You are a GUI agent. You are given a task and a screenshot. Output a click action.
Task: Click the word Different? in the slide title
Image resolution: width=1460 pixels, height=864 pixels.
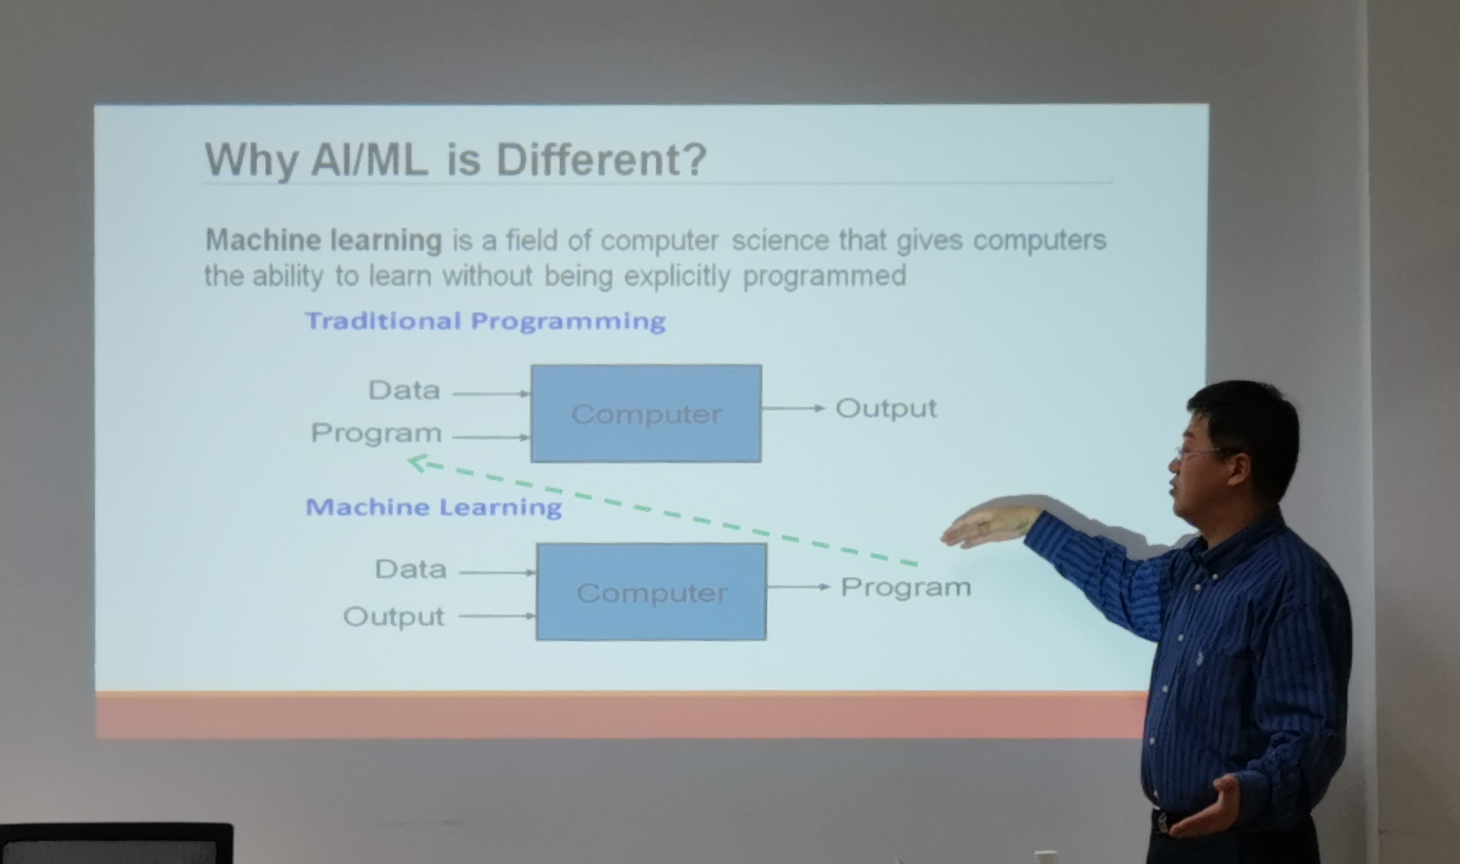tap(601, 160)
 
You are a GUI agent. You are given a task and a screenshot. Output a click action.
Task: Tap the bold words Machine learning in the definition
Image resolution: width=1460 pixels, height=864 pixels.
tap(324, 240)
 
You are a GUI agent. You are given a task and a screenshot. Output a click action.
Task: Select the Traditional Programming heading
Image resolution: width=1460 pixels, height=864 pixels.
tap(486, 322)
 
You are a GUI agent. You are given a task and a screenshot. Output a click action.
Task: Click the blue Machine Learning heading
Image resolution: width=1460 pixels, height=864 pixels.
tap(433, 508)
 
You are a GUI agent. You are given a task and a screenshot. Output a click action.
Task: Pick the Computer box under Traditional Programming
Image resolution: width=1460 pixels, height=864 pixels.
tap(646, 414)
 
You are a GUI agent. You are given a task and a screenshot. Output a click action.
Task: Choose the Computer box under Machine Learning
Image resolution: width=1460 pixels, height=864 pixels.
tap(651, 592)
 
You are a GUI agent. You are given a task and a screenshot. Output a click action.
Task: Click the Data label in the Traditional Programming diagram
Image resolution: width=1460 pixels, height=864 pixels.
tap(404, 390)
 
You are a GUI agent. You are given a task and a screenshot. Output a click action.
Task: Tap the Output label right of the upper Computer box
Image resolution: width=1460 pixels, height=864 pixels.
tap(886, 409)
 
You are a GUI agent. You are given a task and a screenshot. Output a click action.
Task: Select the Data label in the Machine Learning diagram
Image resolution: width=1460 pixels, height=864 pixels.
tap(411, 569)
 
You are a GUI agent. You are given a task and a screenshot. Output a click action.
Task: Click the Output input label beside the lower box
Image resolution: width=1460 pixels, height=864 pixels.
tap(393, 616)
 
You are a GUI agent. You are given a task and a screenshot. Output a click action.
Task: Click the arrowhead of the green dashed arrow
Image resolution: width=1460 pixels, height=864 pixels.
tap(417, 463)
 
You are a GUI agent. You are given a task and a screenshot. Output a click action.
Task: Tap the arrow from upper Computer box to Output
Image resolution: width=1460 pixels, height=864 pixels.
tap(793, 409)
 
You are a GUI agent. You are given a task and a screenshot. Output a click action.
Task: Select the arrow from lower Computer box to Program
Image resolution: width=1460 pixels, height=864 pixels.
tap(799, 587)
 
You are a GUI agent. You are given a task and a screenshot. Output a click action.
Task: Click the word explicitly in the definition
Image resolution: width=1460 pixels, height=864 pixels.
tap(677, 276)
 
